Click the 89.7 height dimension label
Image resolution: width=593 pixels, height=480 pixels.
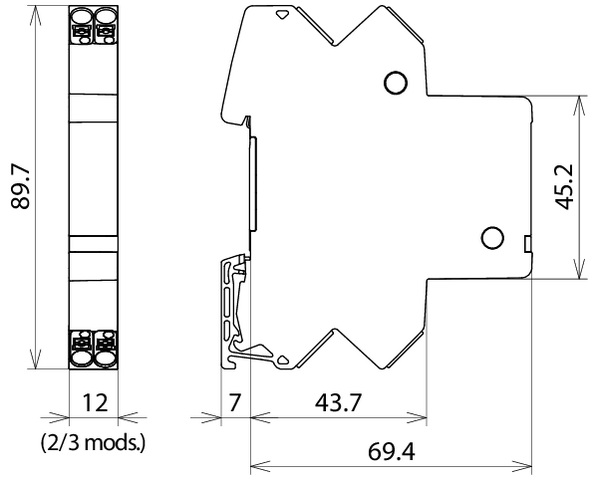pos(20,187)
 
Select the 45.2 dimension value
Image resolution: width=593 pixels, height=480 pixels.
pos(564,187)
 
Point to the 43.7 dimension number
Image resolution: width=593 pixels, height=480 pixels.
pos(338,402)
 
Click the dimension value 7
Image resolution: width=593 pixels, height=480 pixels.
pos(234,402)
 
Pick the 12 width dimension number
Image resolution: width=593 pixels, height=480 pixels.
pos(95,402)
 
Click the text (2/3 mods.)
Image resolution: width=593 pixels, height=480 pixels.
pos(93,443)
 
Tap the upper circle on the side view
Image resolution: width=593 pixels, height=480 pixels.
pos(395,82)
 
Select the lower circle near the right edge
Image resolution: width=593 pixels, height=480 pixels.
pos(492,238)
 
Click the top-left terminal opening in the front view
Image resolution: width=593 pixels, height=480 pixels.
pos(81,16)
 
